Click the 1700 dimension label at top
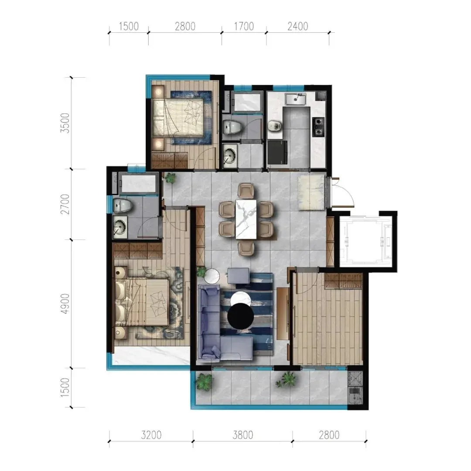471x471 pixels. click(x=244, y=27)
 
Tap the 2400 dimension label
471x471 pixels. click(x=298, y=27)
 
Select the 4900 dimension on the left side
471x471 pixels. click(x=65, y=304)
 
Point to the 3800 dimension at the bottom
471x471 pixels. click(x=243, y=435)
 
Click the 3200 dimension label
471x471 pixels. click(x=151, y=435)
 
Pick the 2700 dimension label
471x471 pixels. click(x=65, y=204)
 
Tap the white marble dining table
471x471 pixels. click(x=246, y=219)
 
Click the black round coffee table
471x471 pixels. click(x=240, y=316)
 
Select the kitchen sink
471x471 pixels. click(x=296, y=99)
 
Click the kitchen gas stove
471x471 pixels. click(x=318, y=127)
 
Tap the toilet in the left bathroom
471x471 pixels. click(x=123, y=205)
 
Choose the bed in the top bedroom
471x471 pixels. click(x=178, y=117)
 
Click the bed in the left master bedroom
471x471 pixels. click(x=142, y=302)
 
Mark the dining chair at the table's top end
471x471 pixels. click(x=246, y=191)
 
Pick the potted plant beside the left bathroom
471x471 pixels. click(x=171, y=178)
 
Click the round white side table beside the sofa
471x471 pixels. click(x=212, y=276)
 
